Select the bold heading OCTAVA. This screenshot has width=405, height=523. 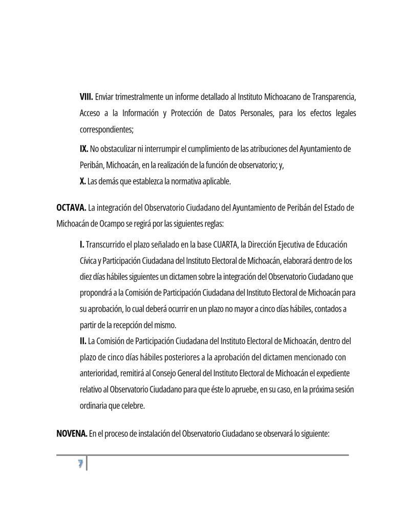click(71, 208)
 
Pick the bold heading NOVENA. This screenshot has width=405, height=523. click(71, 434)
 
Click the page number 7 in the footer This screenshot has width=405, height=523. click(80, 464)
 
